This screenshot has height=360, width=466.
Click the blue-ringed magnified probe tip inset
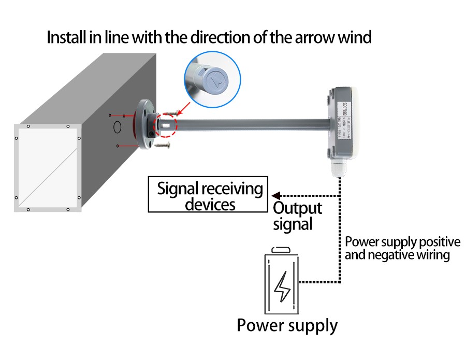(212, 80)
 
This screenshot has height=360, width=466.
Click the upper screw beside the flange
(169, 111)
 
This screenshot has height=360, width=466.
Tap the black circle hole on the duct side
(118, 126)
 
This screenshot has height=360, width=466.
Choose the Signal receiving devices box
(206, 195)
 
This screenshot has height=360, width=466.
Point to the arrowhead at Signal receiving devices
(275, 195)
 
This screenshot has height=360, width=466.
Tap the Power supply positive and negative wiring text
(402, 248)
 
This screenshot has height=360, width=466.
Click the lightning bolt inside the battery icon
(282, 286)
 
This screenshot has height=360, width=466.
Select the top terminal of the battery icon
(282, 249)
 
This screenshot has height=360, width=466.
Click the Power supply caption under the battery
(287, 325)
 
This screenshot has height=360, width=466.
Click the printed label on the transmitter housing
(346, 123)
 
